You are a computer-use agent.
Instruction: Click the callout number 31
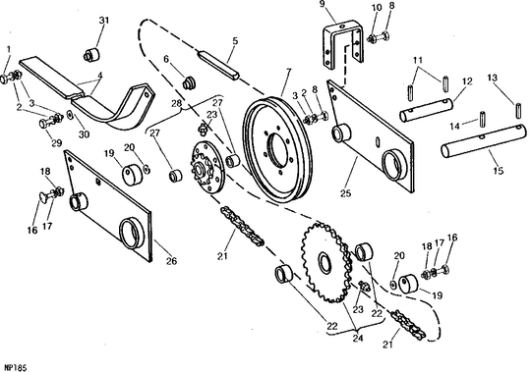pos(104,21)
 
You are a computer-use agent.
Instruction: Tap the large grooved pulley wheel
pos(278,149)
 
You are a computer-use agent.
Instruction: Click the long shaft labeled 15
pos(484,141)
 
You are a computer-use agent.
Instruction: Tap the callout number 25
pos(346,193)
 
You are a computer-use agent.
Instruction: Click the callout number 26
pos(172,261)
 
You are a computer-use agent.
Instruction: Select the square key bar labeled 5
pos(219,64)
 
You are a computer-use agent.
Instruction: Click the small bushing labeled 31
pos(91,54)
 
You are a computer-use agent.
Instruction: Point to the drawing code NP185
pos(15,368)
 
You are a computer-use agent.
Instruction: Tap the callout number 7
pos(288,72)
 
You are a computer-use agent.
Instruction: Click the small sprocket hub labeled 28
pos(206,168)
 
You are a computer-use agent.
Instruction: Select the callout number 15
pos(499,171)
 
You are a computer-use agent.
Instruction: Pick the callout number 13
pos(493,78)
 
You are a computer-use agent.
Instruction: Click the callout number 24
pos(358,338)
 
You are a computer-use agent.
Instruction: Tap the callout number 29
pos(57,143)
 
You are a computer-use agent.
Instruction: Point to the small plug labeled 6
pos(189,83)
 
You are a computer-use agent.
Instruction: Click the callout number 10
pos(377,8)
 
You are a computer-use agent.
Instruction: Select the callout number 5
pos(235,41)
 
